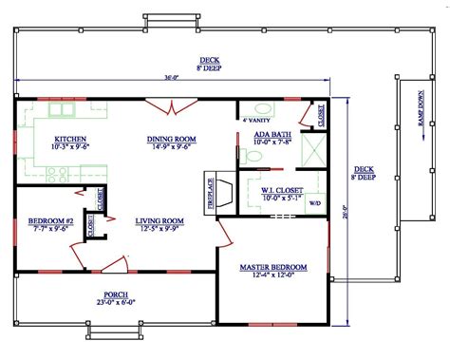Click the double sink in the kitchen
(x=63, y=111)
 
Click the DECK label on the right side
(x=366, y=171)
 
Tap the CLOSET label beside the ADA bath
(x=321, y=115)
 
